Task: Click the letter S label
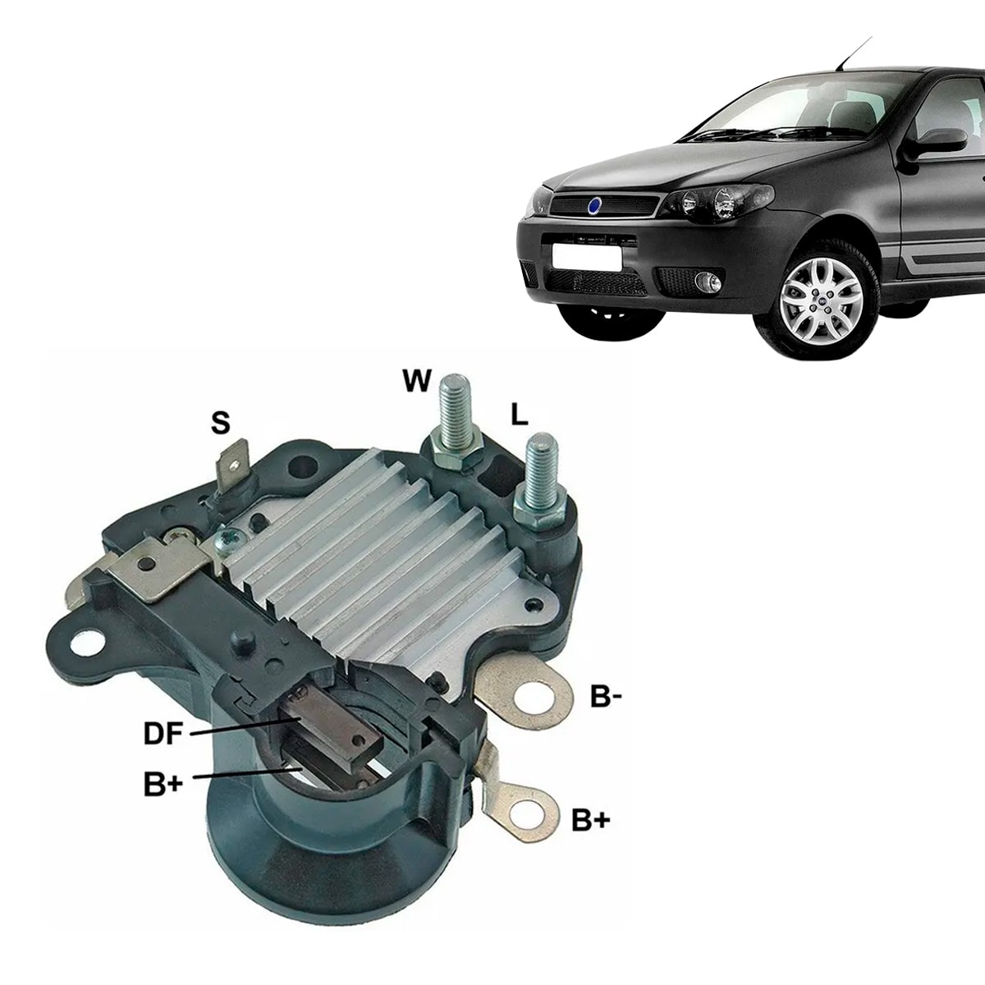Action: [x=219, y=423]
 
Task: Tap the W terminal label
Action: [x=416, y=380]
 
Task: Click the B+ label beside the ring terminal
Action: [x=590, y=819]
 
